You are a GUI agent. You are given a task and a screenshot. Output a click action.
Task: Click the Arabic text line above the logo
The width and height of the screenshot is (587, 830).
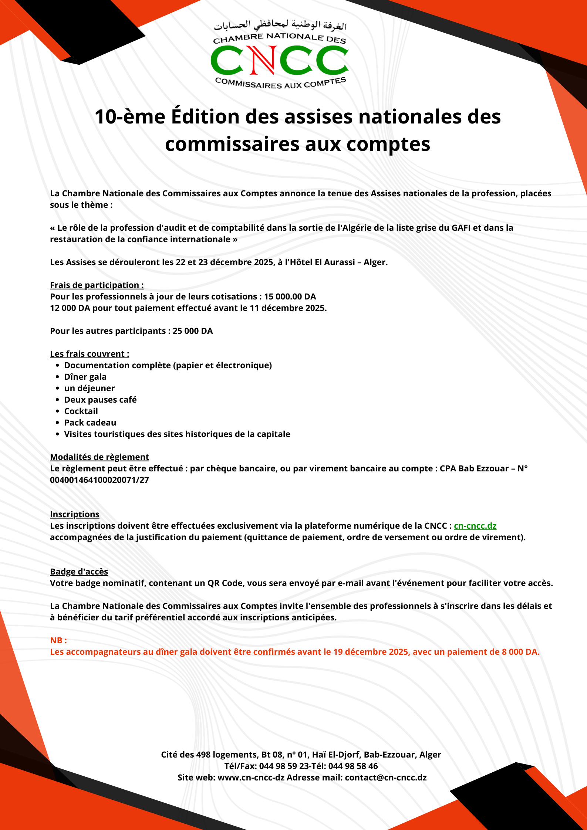point(280,25)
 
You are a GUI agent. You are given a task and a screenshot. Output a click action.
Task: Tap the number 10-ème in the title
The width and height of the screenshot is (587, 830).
point(130,117)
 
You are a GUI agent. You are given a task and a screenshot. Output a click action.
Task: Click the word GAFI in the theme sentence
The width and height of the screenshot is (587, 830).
point(461,228)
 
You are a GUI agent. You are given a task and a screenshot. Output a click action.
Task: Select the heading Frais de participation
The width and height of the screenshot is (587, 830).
point(97,285)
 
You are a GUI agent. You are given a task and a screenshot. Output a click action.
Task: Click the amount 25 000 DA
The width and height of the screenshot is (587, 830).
point(192,331)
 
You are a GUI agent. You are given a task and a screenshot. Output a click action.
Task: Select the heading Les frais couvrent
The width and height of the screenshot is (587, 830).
point(90,354)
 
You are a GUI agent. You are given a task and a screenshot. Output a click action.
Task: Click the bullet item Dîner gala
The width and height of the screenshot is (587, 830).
point(85,377)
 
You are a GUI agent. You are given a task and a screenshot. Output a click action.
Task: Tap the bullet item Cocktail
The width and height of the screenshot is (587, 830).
point(81,411)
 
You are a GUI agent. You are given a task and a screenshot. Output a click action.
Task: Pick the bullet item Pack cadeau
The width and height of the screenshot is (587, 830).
point(90,423)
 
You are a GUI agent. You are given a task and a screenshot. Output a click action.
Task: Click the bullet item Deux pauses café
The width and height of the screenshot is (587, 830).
point(100,400)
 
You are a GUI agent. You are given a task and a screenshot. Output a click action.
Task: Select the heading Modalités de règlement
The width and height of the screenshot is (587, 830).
point(99,457)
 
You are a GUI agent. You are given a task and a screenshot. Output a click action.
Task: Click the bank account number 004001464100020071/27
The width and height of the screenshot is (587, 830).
point(99,480)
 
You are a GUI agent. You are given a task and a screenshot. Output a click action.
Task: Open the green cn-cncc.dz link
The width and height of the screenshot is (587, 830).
point(475,526)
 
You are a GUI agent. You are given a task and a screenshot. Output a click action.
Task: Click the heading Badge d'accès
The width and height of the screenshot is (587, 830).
point(79,572)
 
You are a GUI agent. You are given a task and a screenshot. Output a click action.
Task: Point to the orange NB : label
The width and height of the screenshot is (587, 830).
point(58,640)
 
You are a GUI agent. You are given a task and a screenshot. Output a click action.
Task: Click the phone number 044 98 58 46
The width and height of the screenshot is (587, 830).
point(353,766)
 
